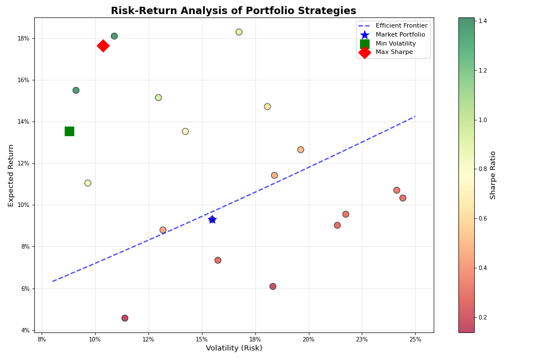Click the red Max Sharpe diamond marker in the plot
click(x=103, y=46)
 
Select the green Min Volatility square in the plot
click(x=69, y=131)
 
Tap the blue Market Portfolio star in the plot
click(x=212, y=219)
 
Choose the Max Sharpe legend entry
click(x=394, y=52)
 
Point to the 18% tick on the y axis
click(x=25, y=38)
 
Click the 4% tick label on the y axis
click(x=25, y=330)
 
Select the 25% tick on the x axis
click(x=415, y=339)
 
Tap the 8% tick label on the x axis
click(x=42, y=339)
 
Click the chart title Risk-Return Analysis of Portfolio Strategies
click(x=233, y=11)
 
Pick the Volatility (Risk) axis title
click(x=234, y=348)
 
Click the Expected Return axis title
click(x=11, y=175)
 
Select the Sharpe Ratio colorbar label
click(x=493, y=175)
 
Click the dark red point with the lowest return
click(x=125, y=318)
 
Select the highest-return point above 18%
click(x=239, y=32)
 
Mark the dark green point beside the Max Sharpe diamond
click(x=114, y=36)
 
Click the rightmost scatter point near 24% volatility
click(x=403, y=198)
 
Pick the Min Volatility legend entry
click(x=395, y=44)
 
